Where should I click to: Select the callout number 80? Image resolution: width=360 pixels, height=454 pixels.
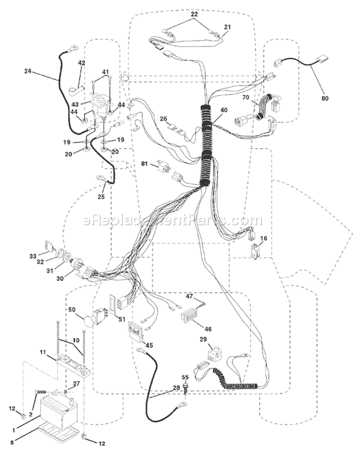(325, 98)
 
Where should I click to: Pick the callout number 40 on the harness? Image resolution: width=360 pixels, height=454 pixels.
(224, 110)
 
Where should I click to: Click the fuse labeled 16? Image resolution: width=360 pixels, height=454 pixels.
(255, 252)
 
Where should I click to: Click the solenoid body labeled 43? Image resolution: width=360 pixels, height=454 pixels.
(100, 106)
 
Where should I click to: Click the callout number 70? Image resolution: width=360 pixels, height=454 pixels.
(246, 97)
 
